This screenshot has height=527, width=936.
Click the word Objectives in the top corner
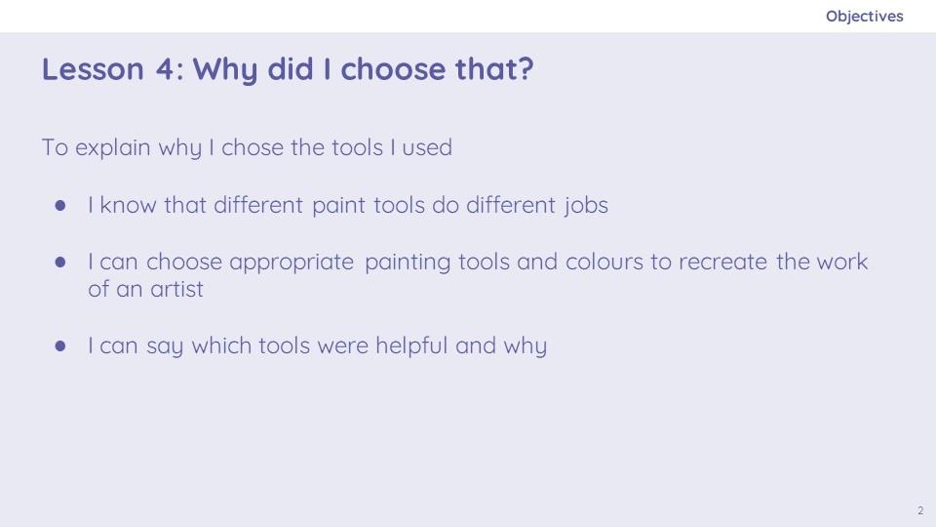pos(865,17)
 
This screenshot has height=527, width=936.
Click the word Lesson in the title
pos(94,68)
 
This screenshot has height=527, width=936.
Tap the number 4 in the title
pos(165,68)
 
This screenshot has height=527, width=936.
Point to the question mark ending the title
pos(526,68)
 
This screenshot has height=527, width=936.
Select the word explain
pos(113,147)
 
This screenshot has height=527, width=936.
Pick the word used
pos(427,147)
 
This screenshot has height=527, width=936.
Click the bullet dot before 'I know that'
pos(60,206)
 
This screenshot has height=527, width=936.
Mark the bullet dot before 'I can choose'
pos(60,262)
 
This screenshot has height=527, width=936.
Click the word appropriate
pos(292,263)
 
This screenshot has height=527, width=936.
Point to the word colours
pos(604,262)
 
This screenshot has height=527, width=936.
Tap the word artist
pos(176,289)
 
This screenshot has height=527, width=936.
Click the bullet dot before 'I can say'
pos(60,345)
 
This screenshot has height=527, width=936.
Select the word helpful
pos(411,345)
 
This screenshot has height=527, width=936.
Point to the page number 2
pos(920,510)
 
